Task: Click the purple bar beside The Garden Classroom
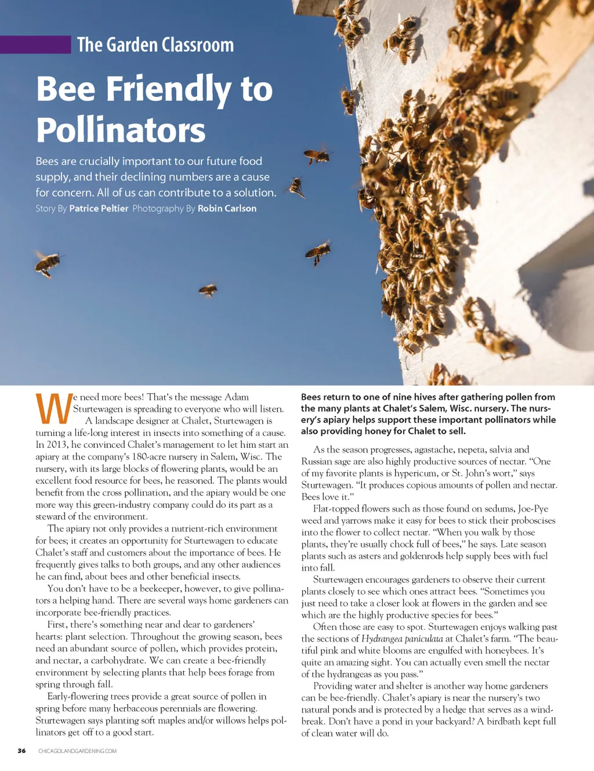35,45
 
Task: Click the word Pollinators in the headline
121,129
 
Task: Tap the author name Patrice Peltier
99,208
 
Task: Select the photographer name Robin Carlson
227,208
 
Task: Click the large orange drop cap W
53,408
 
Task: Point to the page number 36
21,751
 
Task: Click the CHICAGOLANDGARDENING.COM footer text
77,751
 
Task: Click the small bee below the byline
208,290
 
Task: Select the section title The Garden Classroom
155,45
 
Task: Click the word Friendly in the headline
168,89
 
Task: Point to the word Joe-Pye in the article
533,509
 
